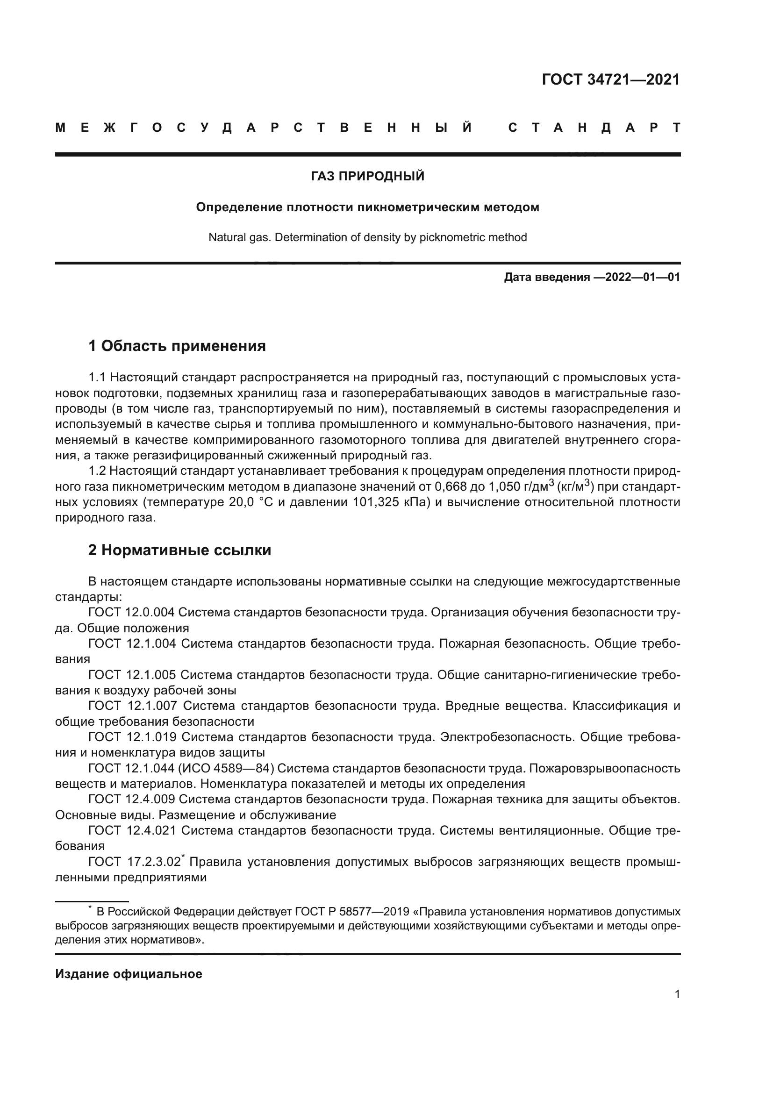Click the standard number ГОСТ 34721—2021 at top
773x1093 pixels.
click(x=611, y=79)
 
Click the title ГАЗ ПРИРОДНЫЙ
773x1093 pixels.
click(x=367, y=177)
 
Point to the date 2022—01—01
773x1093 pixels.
click(x=643, y=277)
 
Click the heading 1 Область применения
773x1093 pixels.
click(x=177, y=346)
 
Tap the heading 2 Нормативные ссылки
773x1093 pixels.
click(x=179, y=550)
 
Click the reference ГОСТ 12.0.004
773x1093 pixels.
click(x=131, y=613)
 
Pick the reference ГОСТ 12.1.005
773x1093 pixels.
click(x=132, y=675)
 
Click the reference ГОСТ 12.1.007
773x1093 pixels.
click(x=132, y=706)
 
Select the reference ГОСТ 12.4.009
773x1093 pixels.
click(x=131, y=800)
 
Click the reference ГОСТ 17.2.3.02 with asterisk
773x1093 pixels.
click(x=135, y=862)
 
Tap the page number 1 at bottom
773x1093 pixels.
click(x=677, y=994)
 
